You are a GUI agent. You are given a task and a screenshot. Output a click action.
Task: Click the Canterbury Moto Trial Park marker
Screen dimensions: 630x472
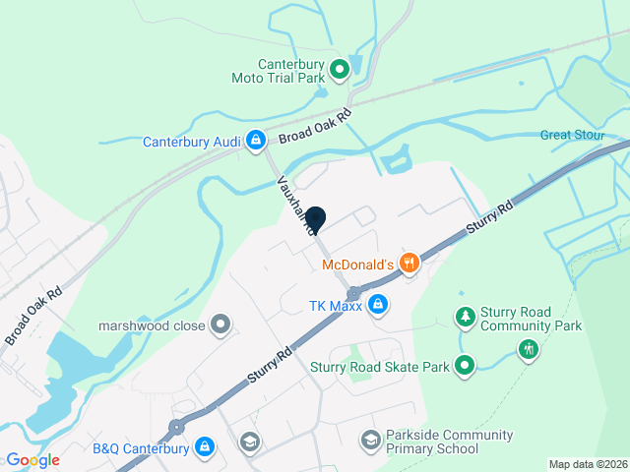pos(340,69)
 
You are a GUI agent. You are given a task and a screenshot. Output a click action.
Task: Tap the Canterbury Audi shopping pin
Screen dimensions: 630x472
pos(255,142)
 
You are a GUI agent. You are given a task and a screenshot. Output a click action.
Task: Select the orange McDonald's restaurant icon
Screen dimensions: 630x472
pos(409,263)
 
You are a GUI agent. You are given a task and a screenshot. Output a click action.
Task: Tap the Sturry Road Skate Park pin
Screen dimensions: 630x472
pos(466,367)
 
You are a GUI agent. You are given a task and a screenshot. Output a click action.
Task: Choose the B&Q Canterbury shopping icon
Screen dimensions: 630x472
pos(205,448)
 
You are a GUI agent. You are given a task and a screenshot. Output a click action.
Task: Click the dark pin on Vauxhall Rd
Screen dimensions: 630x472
pos(316,219)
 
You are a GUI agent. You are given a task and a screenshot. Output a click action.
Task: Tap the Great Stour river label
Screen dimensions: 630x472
pos(570,135)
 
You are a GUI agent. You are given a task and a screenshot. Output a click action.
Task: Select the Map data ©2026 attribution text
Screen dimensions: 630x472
pos(587,464)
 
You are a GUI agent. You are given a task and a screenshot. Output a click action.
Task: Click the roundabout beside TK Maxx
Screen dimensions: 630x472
pos(352,293)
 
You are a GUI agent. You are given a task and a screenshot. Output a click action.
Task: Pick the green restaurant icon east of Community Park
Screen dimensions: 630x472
pos(529,348)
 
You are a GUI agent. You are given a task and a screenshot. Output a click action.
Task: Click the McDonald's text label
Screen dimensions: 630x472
pos(358,264)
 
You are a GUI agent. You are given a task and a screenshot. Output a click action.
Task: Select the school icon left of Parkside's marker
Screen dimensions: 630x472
pos(250,442)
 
